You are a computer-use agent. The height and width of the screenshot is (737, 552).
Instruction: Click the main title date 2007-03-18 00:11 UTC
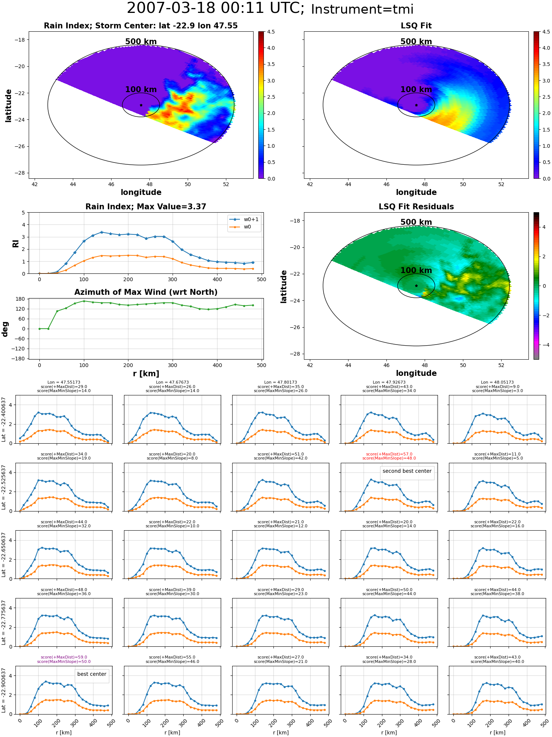(x=216, y=8)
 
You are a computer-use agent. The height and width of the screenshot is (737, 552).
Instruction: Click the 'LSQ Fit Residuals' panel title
(x=416, y=207)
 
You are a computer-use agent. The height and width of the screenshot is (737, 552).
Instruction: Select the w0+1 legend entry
(x=244, y=219)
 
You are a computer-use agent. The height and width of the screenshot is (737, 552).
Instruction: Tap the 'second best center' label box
(x=407, y=471)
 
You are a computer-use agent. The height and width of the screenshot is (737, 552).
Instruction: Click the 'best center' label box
(x=92, y=674)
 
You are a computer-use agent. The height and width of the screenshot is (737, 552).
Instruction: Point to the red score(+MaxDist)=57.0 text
(x=389, y=454)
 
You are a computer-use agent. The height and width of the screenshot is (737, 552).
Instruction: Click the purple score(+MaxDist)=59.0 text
(x=64, y=657)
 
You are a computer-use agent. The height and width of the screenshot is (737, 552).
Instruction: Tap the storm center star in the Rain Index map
(x=141, y=105)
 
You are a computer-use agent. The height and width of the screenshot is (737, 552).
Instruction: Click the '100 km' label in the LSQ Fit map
(x=416, y=90)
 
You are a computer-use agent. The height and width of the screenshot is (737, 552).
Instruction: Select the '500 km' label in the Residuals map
(x=416, y=222)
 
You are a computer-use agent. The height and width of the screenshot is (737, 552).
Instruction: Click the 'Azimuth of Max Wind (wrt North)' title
(x=146, y=292)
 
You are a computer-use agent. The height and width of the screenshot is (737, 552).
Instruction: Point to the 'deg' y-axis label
(x=5, y=329)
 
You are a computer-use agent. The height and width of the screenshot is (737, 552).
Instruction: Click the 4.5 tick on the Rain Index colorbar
(x=271, y=32)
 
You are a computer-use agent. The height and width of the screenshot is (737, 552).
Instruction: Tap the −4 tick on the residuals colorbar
(x=544, y=345)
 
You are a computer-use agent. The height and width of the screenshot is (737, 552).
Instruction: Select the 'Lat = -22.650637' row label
(x=4, y=555)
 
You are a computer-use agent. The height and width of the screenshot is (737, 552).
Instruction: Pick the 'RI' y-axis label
(x=15, y=243)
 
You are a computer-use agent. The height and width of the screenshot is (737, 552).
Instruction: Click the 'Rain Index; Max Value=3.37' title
(x=146, y=207)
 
